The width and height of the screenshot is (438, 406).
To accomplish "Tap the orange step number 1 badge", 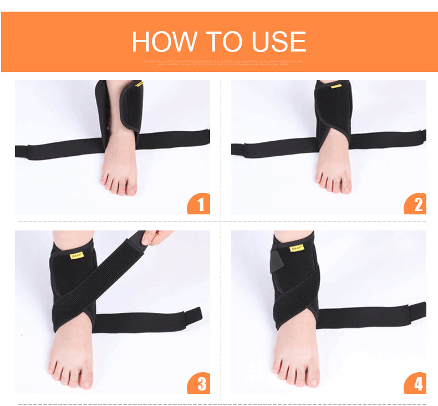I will point(199,204).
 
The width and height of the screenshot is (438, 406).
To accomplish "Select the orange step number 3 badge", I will point(199,383).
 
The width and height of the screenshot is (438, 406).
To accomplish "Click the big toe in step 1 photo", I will point(131,187).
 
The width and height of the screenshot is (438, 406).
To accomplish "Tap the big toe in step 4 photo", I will point(312,378).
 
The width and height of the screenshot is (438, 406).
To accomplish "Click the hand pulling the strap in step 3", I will point(156,237).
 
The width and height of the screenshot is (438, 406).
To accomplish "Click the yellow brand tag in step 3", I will point(77,256).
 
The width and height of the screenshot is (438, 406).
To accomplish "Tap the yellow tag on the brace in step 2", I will point(336,86).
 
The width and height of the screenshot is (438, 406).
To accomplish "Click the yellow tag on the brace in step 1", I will point(139,84).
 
